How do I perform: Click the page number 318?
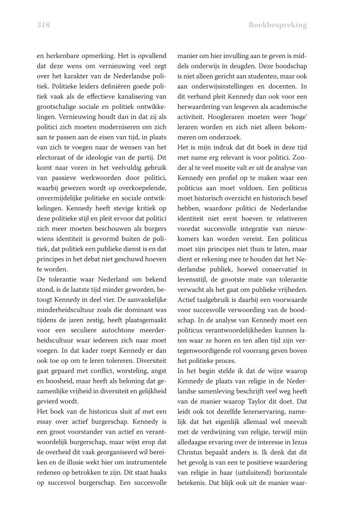pos(43,24)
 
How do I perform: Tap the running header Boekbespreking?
pos(278,24)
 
